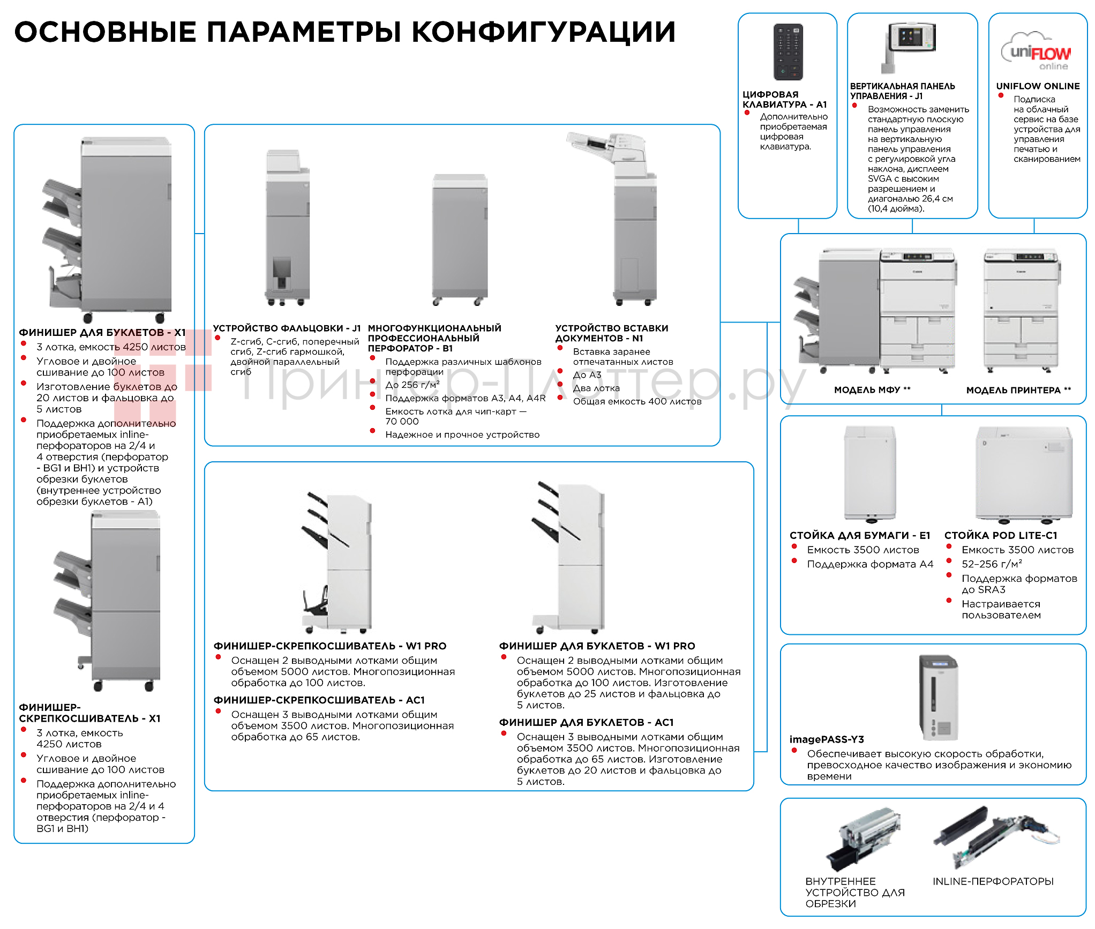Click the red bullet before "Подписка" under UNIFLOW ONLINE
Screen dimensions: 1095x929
(x=1000, y=96)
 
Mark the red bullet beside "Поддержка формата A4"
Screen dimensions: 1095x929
(x=794, y=561)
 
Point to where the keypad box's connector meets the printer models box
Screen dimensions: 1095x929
(x=798, y=234)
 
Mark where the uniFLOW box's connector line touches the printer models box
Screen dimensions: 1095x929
(x=1034, y=234)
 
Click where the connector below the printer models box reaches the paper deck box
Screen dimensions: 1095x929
(x=942, y=416)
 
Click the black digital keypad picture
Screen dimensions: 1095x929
(x=788, y=51)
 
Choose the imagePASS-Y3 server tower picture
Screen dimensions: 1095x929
(x=938, y=698)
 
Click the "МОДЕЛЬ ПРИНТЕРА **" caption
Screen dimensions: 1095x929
(x=1018, y=390)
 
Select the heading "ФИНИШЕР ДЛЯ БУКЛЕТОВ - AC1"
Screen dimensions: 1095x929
(x=586, y=722)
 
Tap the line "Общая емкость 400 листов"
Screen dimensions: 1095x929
(x=637, y=401)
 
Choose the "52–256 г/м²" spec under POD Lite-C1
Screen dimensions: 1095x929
(x=992, y=564)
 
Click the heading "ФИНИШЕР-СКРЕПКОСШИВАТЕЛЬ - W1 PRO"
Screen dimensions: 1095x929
(x=330, y=646)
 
